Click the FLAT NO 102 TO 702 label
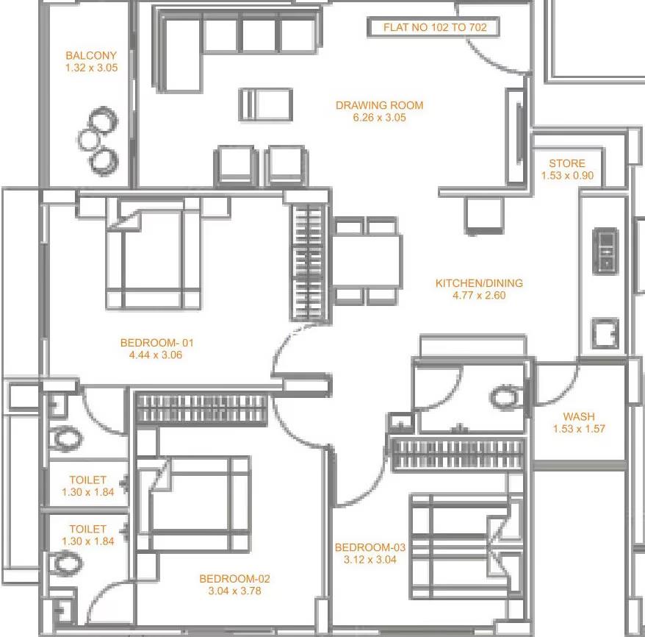coord(435,28)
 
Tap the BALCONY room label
coord(91,56)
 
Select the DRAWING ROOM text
coord(379,105)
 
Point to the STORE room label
coord(567,163)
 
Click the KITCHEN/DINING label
coord(479,283)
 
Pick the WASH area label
coord(579,416)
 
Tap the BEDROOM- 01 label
coord(156,343)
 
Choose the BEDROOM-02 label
coord(234,579)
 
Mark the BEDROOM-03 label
coord(370,547)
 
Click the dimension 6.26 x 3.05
coord(379,118)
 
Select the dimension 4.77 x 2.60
coord(479,295)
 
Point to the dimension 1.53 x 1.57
coord(579,429)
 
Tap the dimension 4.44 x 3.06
coord(156,355)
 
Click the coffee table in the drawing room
coord(266,104)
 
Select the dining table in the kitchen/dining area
coord(367,261)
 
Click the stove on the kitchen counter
coord(605,251)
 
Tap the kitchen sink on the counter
coord(605,332)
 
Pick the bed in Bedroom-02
coord(194,505)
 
